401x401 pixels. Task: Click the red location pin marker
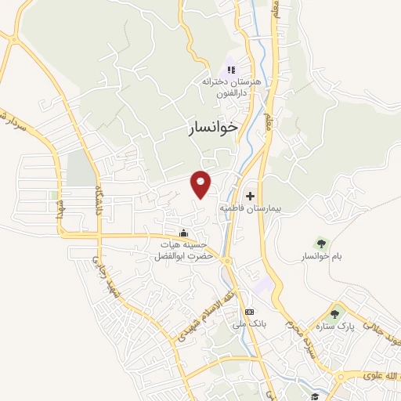[x=201, y=183]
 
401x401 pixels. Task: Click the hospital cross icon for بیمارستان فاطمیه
[x=251, y=196]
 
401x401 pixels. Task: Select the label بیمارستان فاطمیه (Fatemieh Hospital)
[x=251, y=210]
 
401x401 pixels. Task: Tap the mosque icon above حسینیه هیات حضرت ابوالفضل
[x=183, y=233]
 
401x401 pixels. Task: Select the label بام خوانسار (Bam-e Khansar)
[x=318, y=256]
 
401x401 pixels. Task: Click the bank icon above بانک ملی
[x=249, y=312]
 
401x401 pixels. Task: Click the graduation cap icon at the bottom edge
[x=314, y=396]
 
